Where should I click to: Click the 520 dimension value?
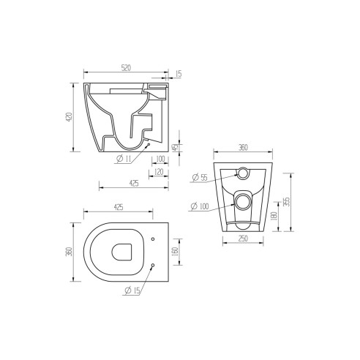tap(125, 68)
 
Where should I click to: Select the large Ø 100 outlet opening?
tap(244, 200)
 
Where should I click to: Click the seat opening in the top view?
tap(121, 252)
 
